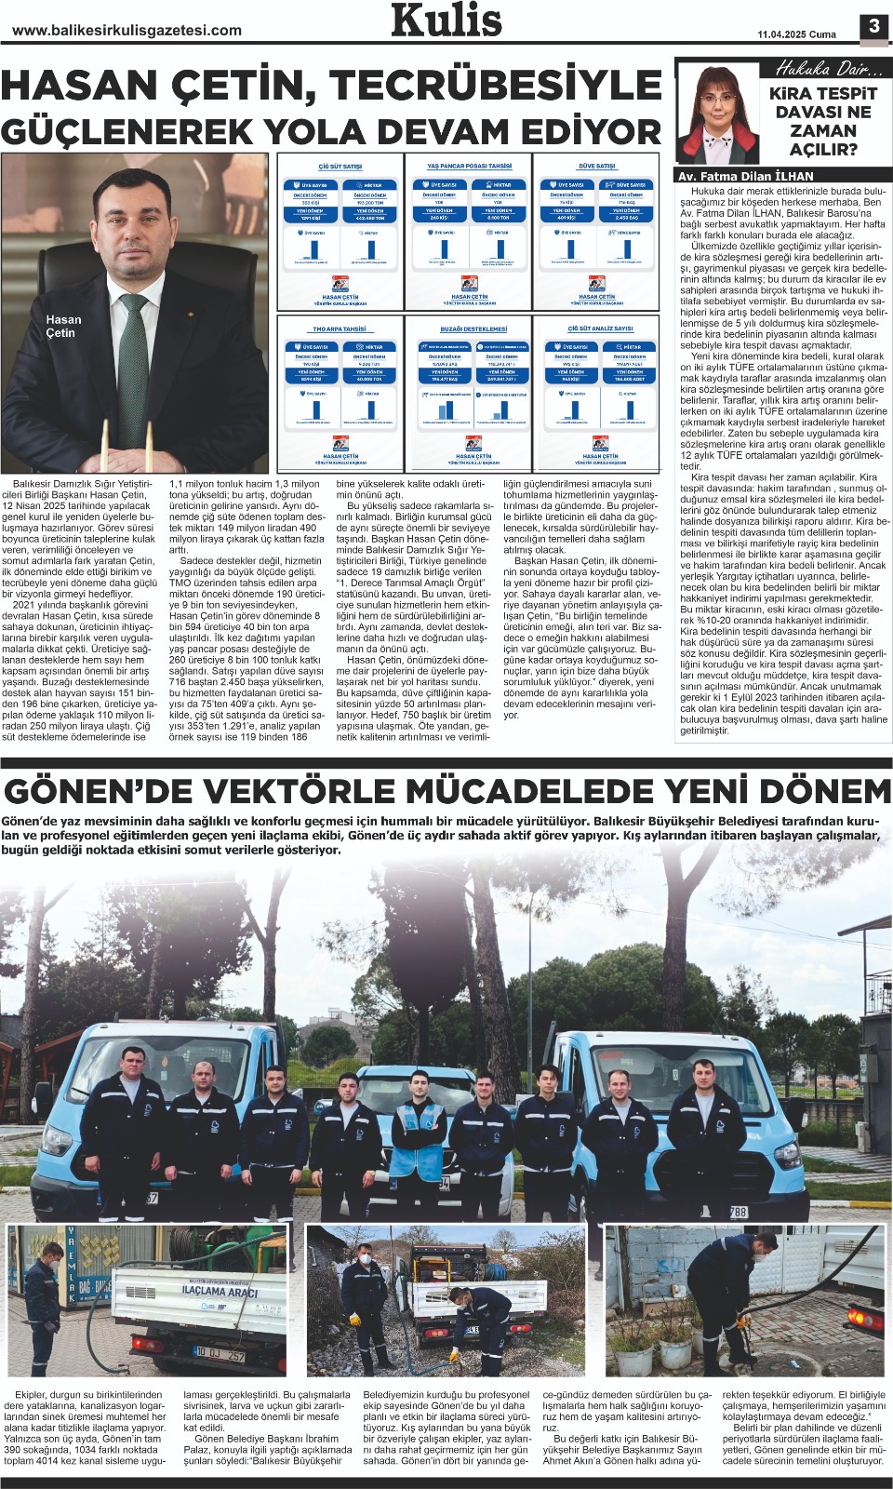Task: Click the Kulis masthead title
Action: click(446, 20)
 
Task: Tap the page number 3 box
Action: click(873, 26)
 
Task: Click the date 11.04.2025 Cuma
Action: click(796, 34)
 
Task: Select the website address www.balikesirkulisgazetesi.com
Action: click(127, 30)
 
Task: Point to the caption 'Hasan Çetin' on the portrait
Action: click(63, 326)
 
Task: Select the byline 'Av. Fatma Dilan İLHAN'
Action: click(745, 176)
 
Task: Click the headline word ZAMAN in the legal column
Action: click(822, 131)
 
